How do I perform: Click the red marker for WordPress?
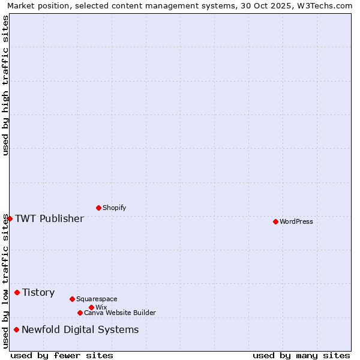pos(275,221)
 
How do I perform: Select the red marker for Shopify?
pos(98,208)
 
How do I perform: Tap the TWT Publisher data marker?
pos(10,218)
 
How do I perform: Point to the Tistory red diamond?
pos(17,292)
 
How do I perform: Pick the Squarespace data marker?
pos(72,299)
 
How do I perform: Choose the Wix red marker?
pos(91,307)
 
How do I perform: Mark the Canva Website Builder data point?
pos(80,313)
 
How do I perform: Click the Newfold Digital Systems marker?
pos(16,329)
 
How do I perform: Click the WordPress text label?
pos(296,221)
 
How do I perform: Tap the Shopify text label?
pos(114,208)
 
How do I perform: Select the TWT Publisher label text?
pos(49,218)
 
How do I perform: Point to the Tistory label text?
pos(38,292)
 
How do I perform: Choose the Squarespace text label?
pos(97,299)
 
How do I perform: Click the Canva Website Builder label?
pos(120,313)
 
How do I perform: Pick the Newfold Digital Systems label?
pos(80,329)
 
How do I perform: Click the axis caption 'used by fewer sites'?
pos(62,355)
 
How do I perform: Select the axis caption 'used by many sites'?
pos(301,355)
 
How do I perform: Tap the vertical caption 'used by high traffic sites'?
pos(5,85)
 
